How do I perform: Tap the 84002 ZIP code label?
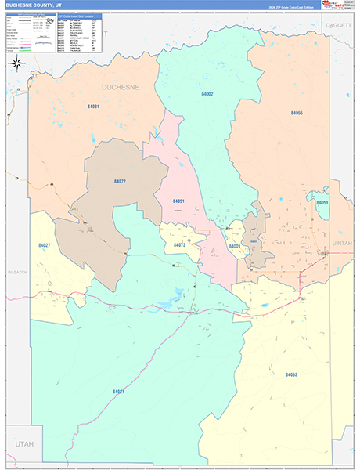(207, 94)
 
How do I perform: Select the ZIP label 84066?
(297, 113)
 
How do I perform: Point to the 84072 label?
(119, 181)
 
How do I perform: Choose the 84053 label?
(322, 203)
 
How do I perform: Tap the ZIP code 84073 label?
(180, 245)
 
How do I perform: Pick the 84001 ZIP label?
(235, 246)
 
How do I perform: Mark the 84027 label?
(45, 245)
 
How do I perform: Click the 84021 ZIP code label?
(118, 391)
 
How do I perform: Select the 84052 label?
(291, 374)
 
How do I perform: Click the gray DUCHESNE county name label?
(121, 87)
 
